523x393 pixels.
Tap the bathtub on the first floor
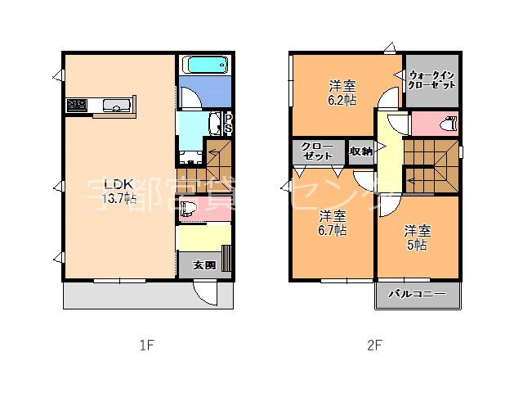pos(206,65)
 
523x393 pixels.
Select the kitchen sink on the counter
pos(115,105)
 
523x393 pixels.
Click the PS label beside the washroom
pos(228,123)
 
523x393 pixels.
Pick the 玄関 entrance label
pos(203,264)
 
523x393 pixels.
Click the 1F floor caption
pos(145,346)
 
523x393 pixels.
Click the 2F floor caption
pos(373,346)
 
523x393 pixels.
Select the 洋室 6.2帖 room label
pos(342,92)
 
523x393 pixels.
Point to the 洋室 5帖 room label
pos(417,237)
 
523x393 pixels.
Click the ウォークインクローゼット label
pos(432,79)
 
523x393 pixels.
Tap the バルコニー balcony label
pos(417,293)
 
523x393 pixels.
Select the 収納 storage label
pos(361,151)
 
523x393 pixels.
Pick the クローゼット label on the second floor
pos(317,151)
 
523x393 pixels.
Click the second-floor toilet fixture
pos(448,124)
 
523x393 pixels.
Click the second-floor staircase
pos(431,164)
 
